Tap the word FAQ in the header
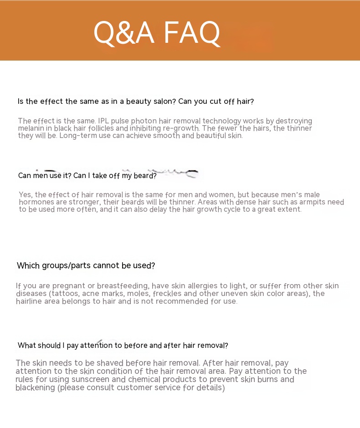click(x=192, y=32)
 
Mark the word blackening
click(x=35, y=388)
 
